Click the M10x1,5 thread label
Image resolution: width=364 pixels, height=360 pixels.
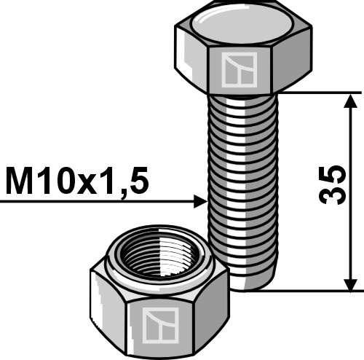click(x=76, y=181)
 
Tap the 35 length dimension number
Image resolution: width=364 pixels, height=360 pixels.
click(x=332, y=185)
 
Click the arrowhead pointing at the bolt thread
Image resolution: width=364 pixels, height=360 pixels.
click(x=201, y=201)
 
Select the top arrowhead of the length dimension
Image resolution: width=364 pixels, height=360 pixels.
click(x=351, y=101)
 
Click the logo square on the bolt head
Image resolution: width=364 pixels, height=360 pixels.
click(x=240, y=70)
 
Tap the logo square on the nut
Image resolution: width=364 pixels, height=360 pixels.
click(x=160, y=325)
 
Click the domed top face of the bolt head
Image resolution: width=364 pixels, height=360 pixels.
click(x=242, y=25)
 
